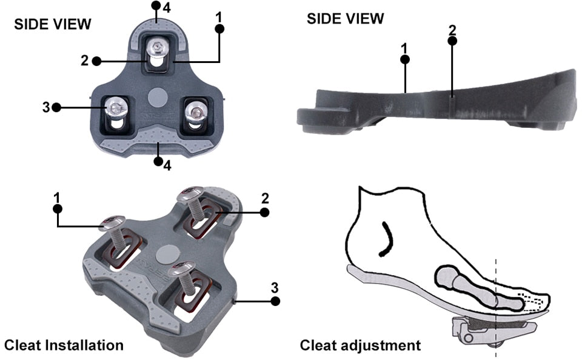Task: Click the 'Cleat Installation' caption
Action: point(64,345)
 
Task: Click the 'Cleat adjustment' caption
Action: point(360,345)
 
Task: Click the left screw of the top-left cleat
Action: point(115,108)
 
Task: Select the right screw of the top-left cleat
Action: point(195,110)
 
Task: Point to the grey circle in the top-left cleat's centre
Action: point(156,96)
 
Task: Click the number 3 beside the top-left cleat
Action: point(47,107)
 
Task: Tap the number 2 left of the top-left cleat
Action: point(84,61)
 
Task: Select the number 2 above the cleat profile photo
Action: point(452,29)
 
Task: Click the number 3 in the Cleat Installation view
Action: point(275,287)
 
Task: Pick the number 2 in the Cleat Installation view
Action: point(264,198)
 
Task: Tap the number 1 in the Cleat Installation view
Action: point(58,196)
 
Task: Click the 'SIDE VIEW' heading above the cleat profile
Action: point(346,19)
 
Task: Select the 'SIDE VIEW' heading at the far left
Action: point(53,24)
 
